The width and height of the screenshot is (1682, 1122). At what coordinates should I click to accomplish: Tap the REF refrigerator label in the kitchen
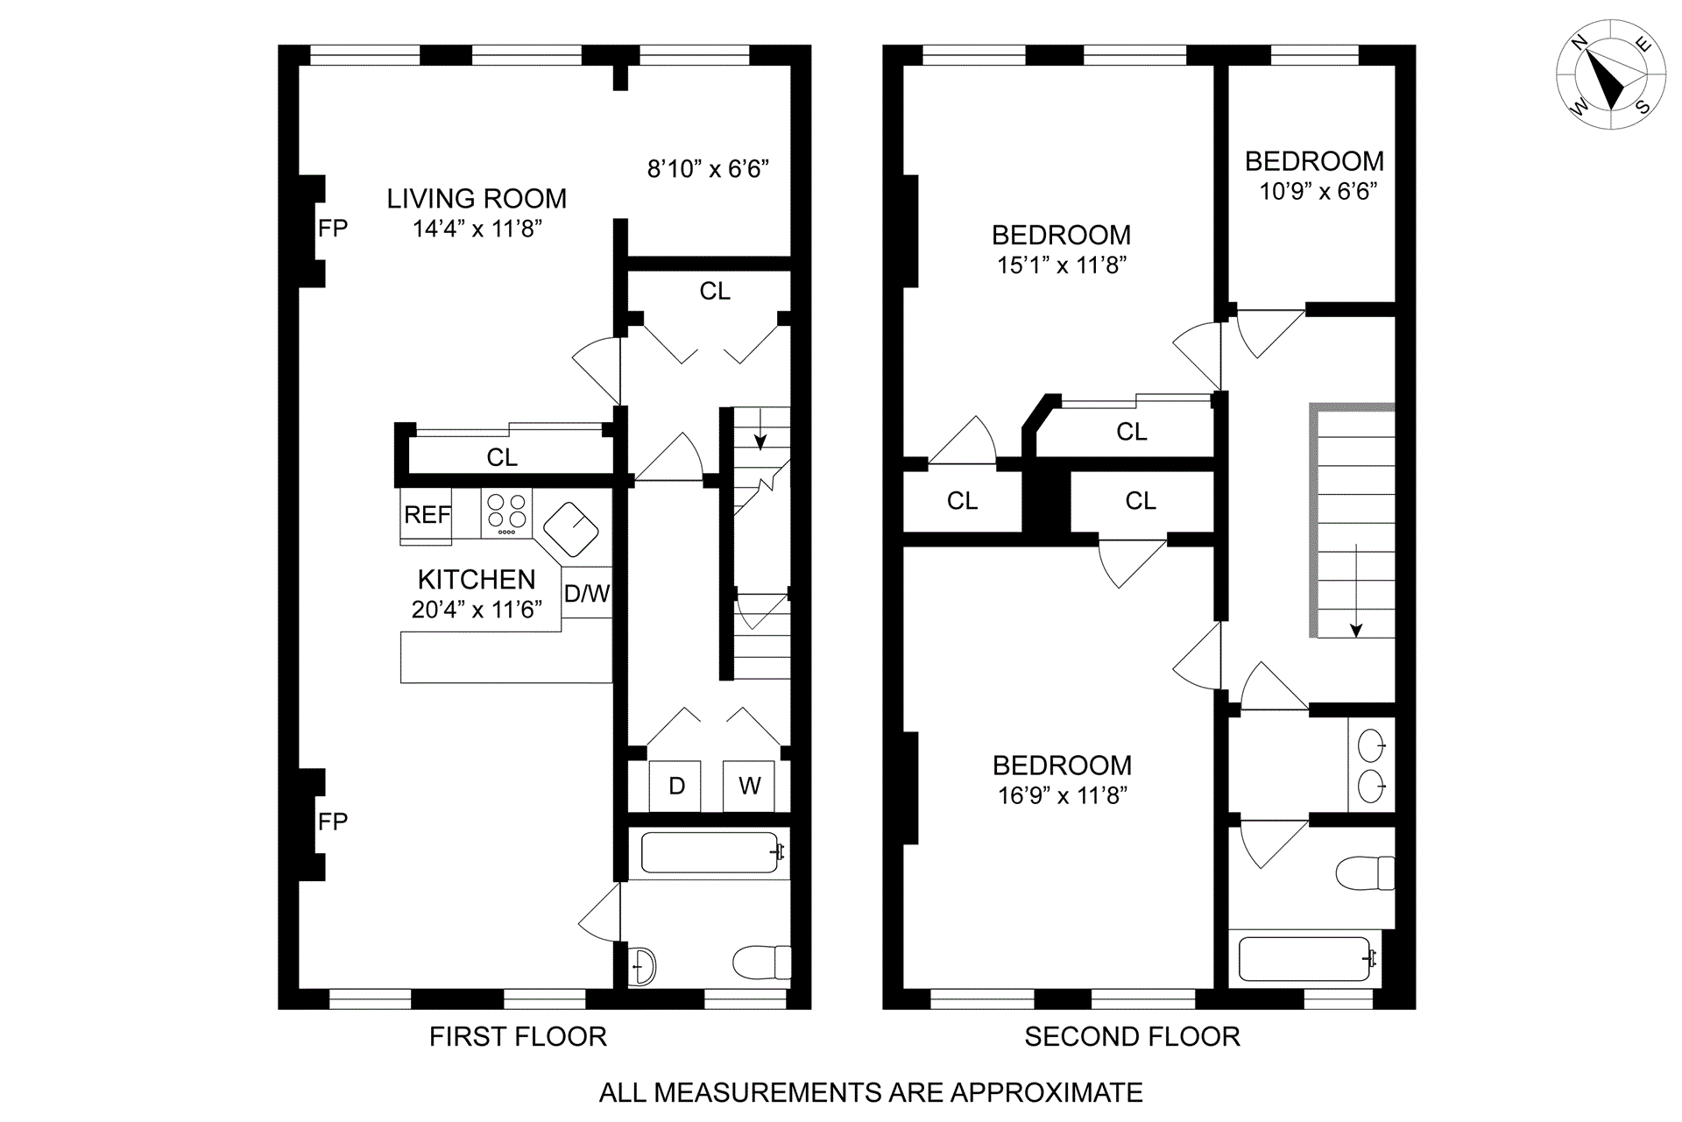427,515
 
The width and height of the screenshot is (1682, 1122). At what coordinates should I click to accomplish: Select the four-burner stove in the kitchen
506,513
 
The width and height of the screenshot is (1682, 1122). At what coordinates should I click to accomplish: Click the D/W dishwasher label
587,594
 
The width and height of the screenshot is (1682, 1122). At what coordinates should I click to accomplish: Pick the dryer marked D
675,786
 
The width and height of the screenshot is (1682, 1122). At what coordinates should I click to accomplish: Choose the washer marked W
749,786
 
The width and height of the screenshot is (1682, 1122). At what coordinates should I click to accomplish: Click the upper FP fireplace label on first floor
333,229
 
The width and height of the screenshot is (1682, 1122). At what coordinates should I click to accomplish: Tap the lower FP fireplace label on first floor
333,822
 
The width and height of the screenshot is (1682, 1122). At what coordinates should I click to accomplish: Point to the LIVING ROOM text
477,199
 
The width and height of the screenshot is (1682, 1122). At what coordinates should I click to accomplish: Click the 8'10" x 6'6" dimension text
708,168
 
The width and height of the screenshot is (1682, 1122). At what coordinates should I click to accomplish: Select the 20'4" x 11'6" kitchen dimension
477,610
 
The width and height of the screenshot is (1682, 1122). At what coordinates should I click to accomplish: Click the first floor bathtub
710,852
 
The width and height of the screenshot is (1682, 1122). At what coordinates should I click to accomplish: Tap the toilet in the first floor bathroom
761,963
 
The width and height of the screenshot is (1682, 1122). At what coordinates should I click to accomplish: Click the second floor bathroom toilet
1365,873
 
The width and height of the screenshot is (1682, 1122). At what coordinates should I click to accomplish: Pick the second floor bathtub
1305,958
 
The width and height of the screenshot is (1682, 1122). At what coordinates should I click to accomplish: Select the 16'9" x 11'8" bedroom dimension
1062,795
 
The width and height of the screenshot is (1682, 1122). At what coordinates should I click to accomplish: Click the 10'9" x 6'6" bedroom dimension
1318,191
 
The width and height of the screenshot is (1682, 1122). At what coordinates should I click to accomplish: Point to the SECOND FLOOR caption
1132,1037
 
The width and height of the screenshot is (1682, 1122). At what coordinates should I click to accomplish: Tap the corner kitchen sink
571,529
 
